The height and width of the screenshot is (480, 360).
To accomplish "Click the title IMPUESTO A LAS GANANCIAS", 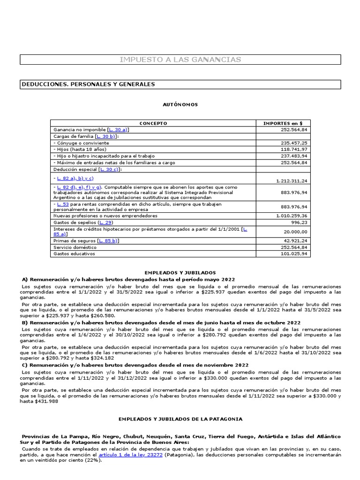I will click(180, 60).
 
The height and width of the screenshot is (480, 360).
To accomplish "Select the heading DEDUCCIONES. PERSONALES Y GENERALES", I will click(88, 84).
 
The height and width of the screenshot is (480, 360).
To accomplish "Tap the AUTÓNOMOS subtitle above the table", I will click(180, 105).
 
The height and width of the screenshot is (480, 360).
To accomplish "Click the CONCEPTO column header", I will click(153, 123).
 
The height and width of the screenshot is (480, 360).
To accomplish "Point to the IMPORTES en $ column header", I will click(283, 123).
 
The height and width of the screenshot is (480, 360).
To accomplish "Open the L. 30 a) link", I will click(118, 129).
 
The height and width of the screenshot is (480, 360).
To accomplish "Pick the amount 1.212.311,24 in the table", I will click(291, 180).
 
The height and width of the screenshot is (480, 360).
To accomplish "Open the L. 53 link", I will click(62, 204).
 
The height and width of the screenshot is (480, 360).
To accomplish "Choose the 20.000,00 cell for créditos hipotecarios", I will click(296, 232).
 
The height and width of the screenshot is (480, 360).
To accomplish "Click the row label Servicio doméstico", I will click(75, 247).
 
